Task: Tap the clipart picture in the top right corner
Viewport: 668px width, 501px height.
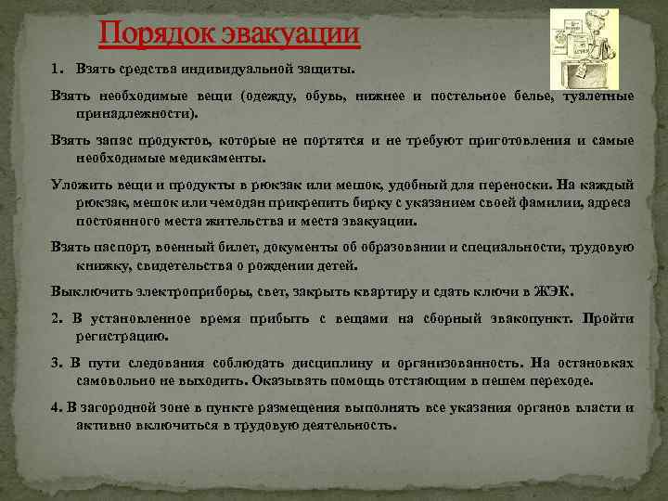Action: [584, 46]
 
